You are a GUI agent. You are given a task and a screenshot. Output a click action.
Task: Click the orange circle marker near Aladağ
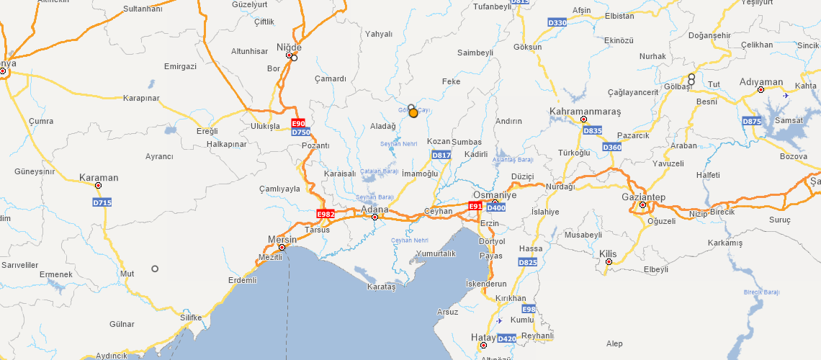(x=413, y=113)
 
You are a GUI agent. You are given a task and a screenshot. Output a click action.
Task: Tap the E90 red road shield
(x=298, y=123)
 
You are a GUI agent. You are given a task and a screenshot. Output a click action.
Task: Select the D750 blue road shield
(x=301, y=132)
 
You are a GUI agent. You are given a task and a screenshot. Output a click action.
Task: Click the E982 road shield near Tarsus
(x=326, y=214)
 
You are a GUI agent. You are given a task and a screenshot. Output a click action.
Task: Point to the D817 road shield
(x=441, y=155)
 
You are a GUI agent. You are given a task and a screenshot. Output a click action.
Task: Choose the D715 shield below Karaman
(x=102, y=203)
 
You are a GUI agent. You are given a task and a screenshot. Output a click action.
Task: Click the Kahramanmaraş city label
(x=585, y=112)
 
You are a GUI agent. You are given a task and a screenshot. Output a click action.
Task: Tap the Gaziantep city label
(x=643, y=197)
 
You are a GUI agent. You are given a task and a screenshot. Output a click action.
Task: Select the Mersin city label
(x=282, y=239)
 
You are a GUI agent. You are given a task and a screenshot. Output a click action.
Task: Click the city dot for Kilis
(x=609, y=262)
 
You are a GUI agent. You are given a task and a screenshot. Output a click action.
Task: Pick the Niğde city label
(x=289, y=48)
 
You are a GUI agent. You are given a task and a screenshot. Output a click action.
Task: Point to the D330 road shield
(x=557, y=23)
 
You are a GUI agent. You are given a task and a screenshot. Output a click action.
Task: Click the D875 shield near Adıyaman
(x=751, y=122)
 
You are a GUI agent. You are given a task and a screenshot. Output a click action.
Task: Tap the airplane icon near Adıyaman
(x=785, y=95)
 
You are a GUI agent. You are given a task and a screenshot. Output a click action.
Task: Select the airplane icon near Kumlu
(x=500, y=320)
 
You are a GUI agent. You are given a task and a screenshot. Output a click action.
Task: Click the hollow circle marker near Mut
(x=154, y=269)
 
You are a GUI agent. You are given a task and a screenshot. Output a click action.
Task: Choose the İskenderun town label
(x=486, y=284)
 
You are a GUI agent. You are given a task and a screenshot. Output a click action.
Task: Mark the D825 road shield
(x=527, y=263)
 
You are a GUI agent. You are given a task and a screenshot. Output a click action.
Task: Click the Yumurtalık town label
(x=436, y=253)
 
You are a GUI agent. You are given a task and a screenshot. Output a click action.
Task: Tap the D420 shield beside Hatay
(x=506, y=338)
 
